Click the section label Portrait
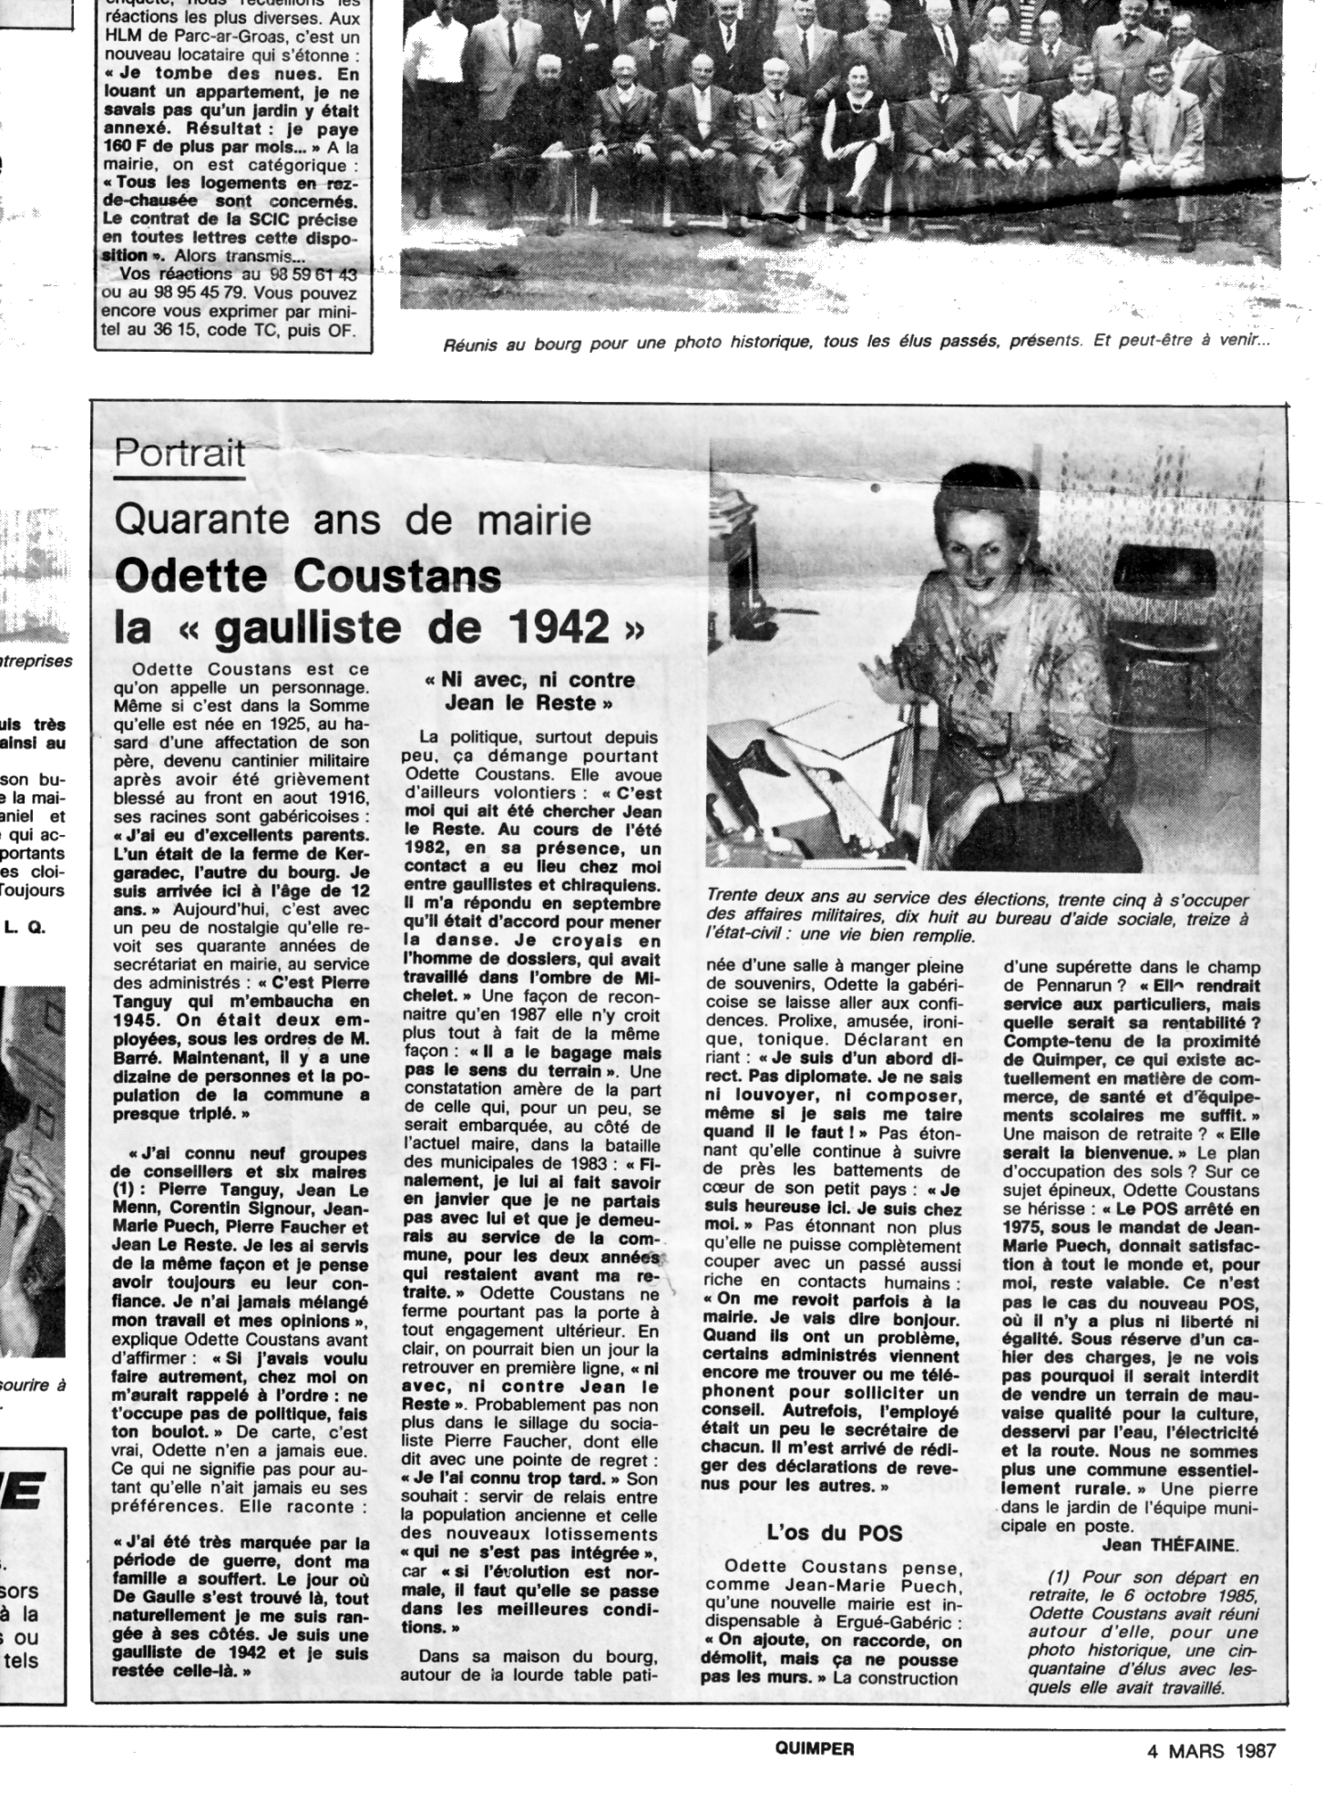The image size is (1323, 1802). coord(180,453)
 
